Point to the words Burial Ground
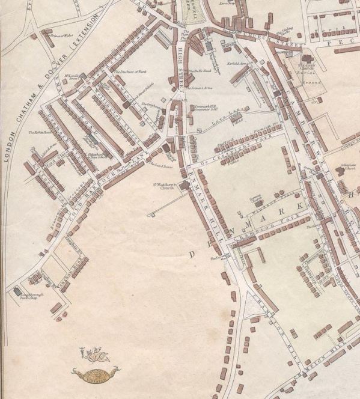point(310,79)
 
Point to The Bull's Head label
point(198,72)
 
